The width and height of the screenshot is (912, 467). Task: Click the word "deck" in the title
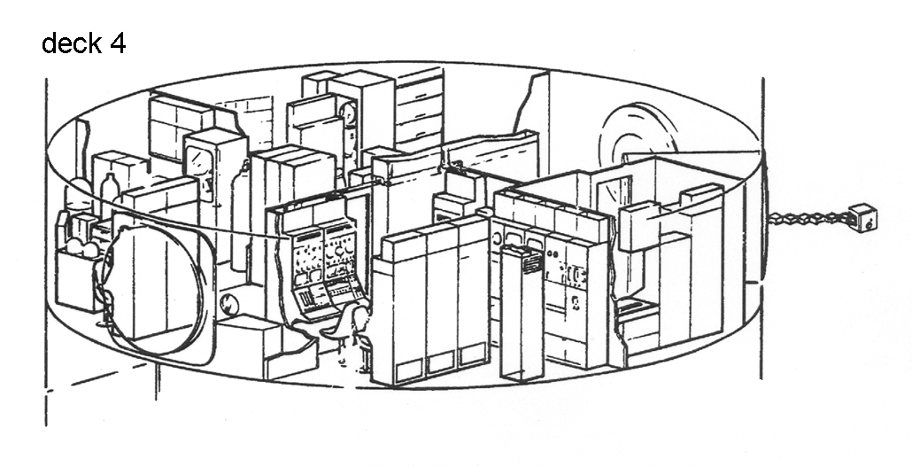tap(72, 43)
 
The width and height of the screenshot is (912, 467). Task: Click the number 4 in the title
tap(117, 43)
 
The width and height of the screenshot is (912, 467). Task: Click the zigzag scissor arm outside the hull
tap(806, 218)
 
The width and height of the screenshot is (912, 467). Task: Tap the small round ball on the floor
tap(228, 306)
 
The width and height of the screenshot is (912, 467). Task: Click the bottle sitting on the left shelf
tap(109, 189)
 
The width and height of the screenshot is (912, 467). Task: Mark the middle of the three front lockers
tap(442, 301)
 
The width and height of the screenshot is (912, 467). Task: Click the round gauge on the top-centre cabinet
tap(348, 113)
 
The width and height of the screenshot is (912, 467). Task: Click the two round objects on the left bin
tap(81, 249)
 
